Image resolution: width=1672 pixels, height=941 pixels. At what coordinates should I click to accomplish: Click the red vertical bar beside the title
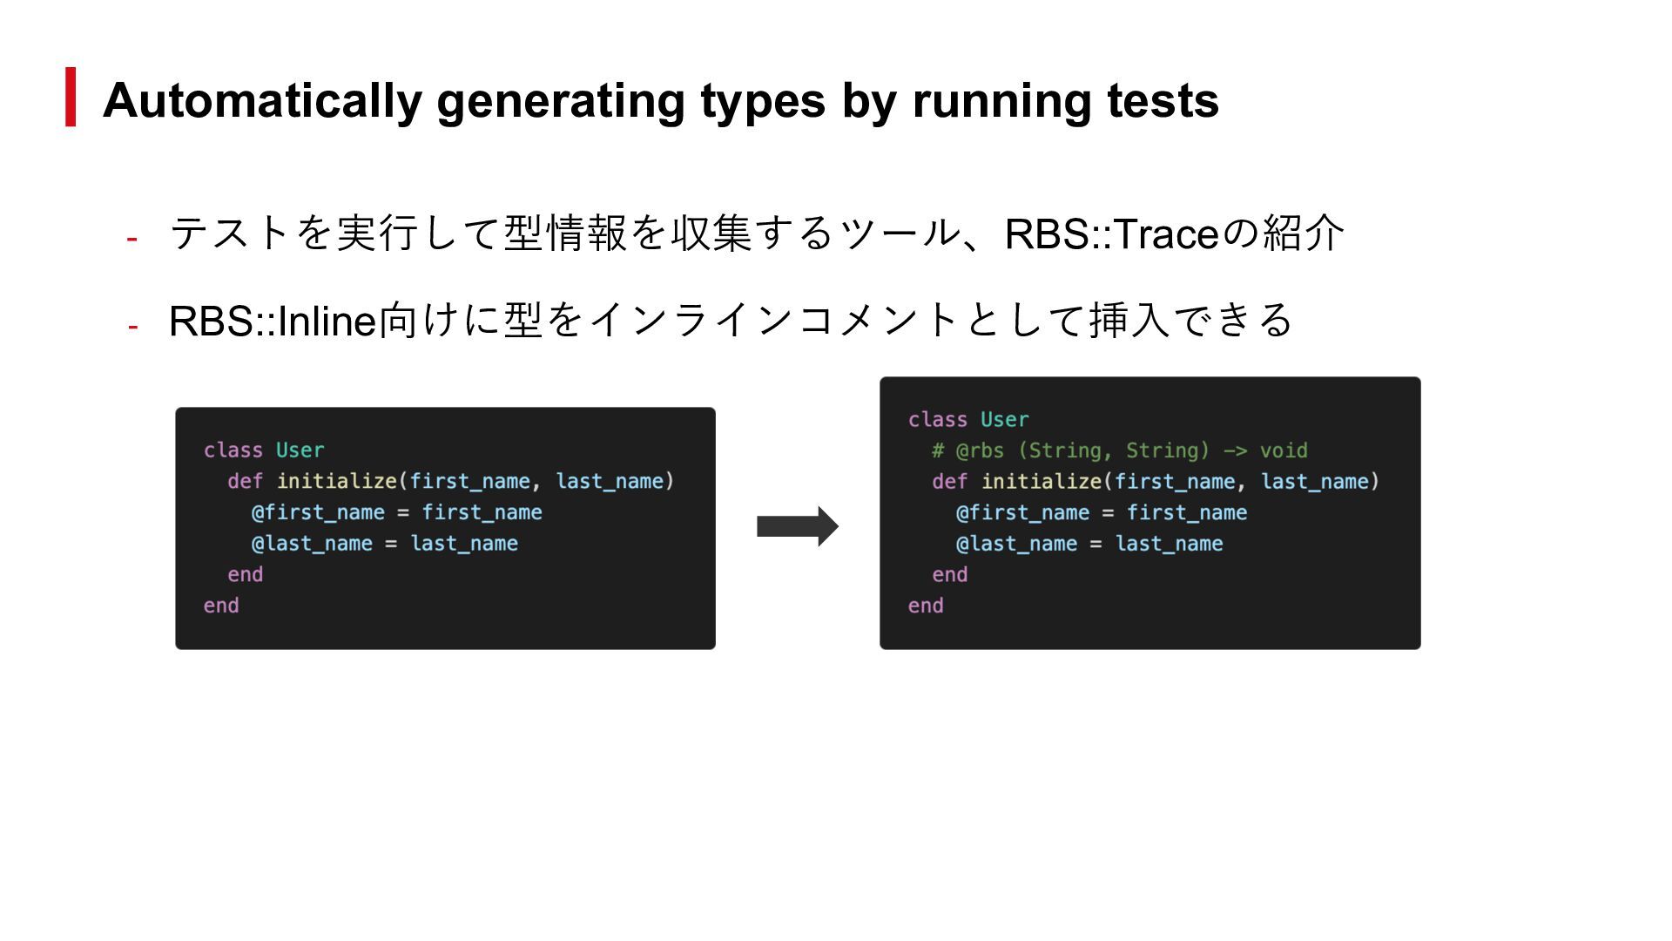pos(71,97)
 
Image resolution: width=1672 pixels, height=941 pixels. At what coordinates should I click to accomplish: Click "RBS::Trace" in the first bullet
pos(1110,234)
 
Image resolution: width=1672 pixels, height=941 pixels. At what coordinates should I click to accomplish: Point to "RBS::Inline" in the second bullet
pos(272,321)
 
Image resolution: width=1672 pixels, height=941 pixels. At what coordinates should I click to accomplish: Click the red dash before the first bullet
pos(132,238)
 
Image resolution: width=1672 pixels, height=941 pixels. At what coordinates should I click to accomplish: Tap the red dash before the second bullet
pos(132,326)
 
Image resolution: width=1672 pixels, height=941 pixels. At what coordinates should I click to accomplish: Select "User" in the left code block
pos(300,450)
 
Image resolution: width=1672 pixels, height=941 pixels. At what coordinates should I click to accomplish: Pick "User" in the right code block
pos(1004,420)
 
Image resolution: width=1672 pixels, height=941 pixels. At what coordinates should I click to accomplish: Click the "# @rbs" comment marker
pos(967,450)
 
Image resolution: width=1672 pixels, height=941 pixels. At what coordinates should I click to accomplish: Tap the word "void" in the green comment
pos(1284,450)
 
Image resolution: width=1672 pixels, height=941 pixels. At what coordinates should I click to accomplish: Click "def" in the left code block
pos(245,481)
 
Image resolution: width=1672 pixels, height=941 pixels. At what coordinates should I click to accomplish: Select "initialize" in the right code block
pos(1042,482)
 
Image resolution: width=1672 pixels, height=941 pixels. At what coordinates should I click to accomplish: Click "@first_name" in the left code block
pos(318,512)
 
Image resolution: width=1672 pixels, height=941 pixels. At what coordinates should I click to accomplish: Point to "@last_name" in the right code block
pos(1016,544)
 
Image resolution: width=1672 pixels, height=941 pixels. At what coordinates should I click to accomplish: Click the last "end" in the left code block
pos(221,606)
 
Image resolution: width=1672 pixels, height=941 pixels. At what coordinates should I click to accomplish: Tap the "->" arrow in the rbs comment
pos(1235,450)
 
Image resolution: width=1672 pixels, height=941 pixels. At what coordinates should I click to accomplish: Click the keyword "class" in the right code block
pos(937,420)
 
